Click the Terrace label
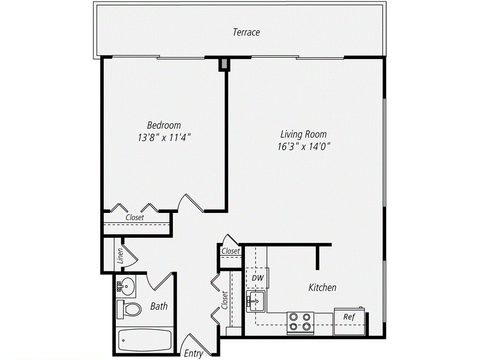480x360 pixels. [x=246, y=32]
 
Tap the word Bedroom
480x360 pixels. [x=164, y=125]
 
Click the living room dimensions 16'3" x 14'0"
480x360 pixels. [x=304, y=146]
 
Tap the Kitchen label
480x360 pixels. [x=322, y=287]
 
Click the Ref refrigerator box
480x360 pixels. [x=349, y=317]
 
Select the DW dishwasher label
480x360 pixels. [x=257, y=277]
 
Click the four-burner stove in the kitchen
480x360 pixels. [x=300, y=322]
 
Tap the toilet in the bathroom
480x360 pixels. [x=129, y=309]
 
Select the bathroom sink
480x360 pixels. [x=126, y=285]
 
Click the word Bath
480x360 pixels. [x=159, y=307]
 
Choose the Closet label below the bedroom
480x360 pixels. [x=135, y=217]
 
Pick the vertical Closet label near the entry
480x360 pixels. [x=225, y=300]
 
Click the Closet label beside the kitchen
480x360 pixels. [x=231, y=251]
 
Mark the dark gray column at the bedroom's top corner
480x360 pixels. [x=225, y=64]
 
